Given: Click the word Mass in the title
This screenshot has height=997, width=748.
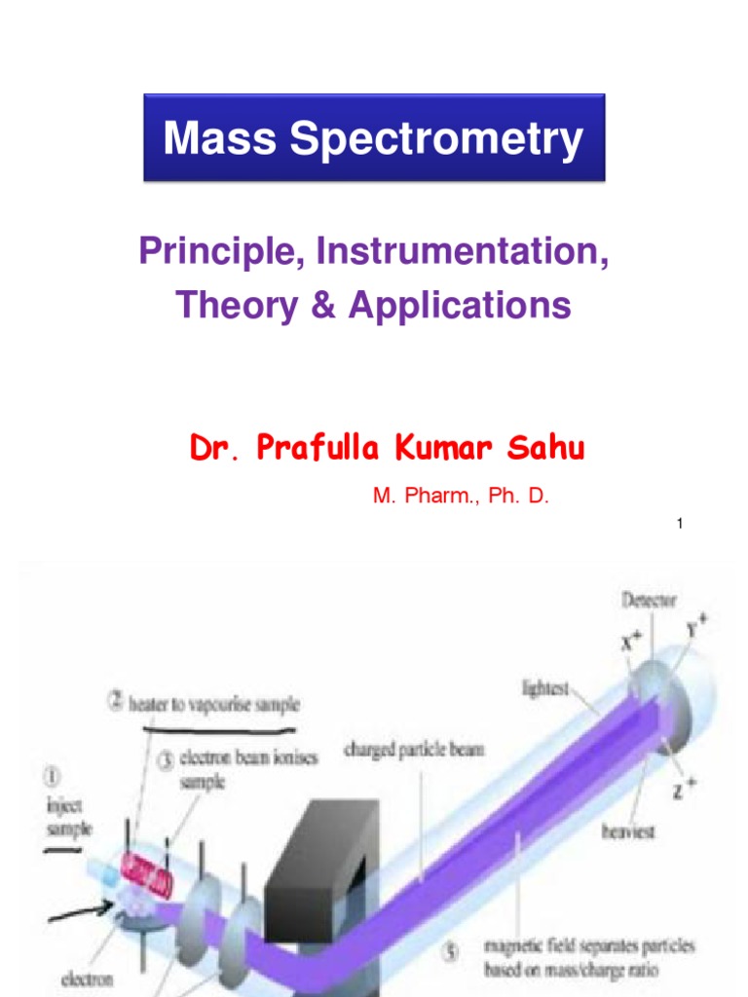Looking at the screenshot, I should click(x=206, y=138).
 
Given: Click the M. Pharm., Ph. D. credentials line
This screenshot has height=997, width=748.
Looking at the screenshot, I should click(x=461, y=497).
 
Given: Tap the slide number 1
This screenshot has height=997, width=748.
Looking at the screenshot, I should click(x=679, y=525).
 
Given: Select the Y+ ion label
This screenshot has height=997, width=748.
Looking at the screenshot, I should click(x=693, y=629).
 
